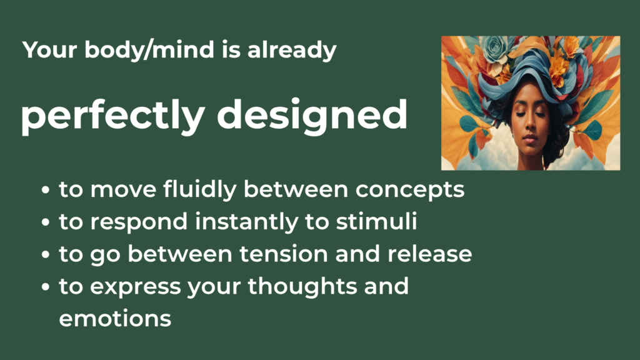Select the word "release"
[429, 254]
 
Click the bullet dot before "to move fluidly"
[46, 191]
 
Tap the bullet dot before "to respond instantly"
[46, 223]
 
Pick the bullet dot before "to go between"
[46, 256]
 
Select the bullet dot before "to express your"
[46, 288]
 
